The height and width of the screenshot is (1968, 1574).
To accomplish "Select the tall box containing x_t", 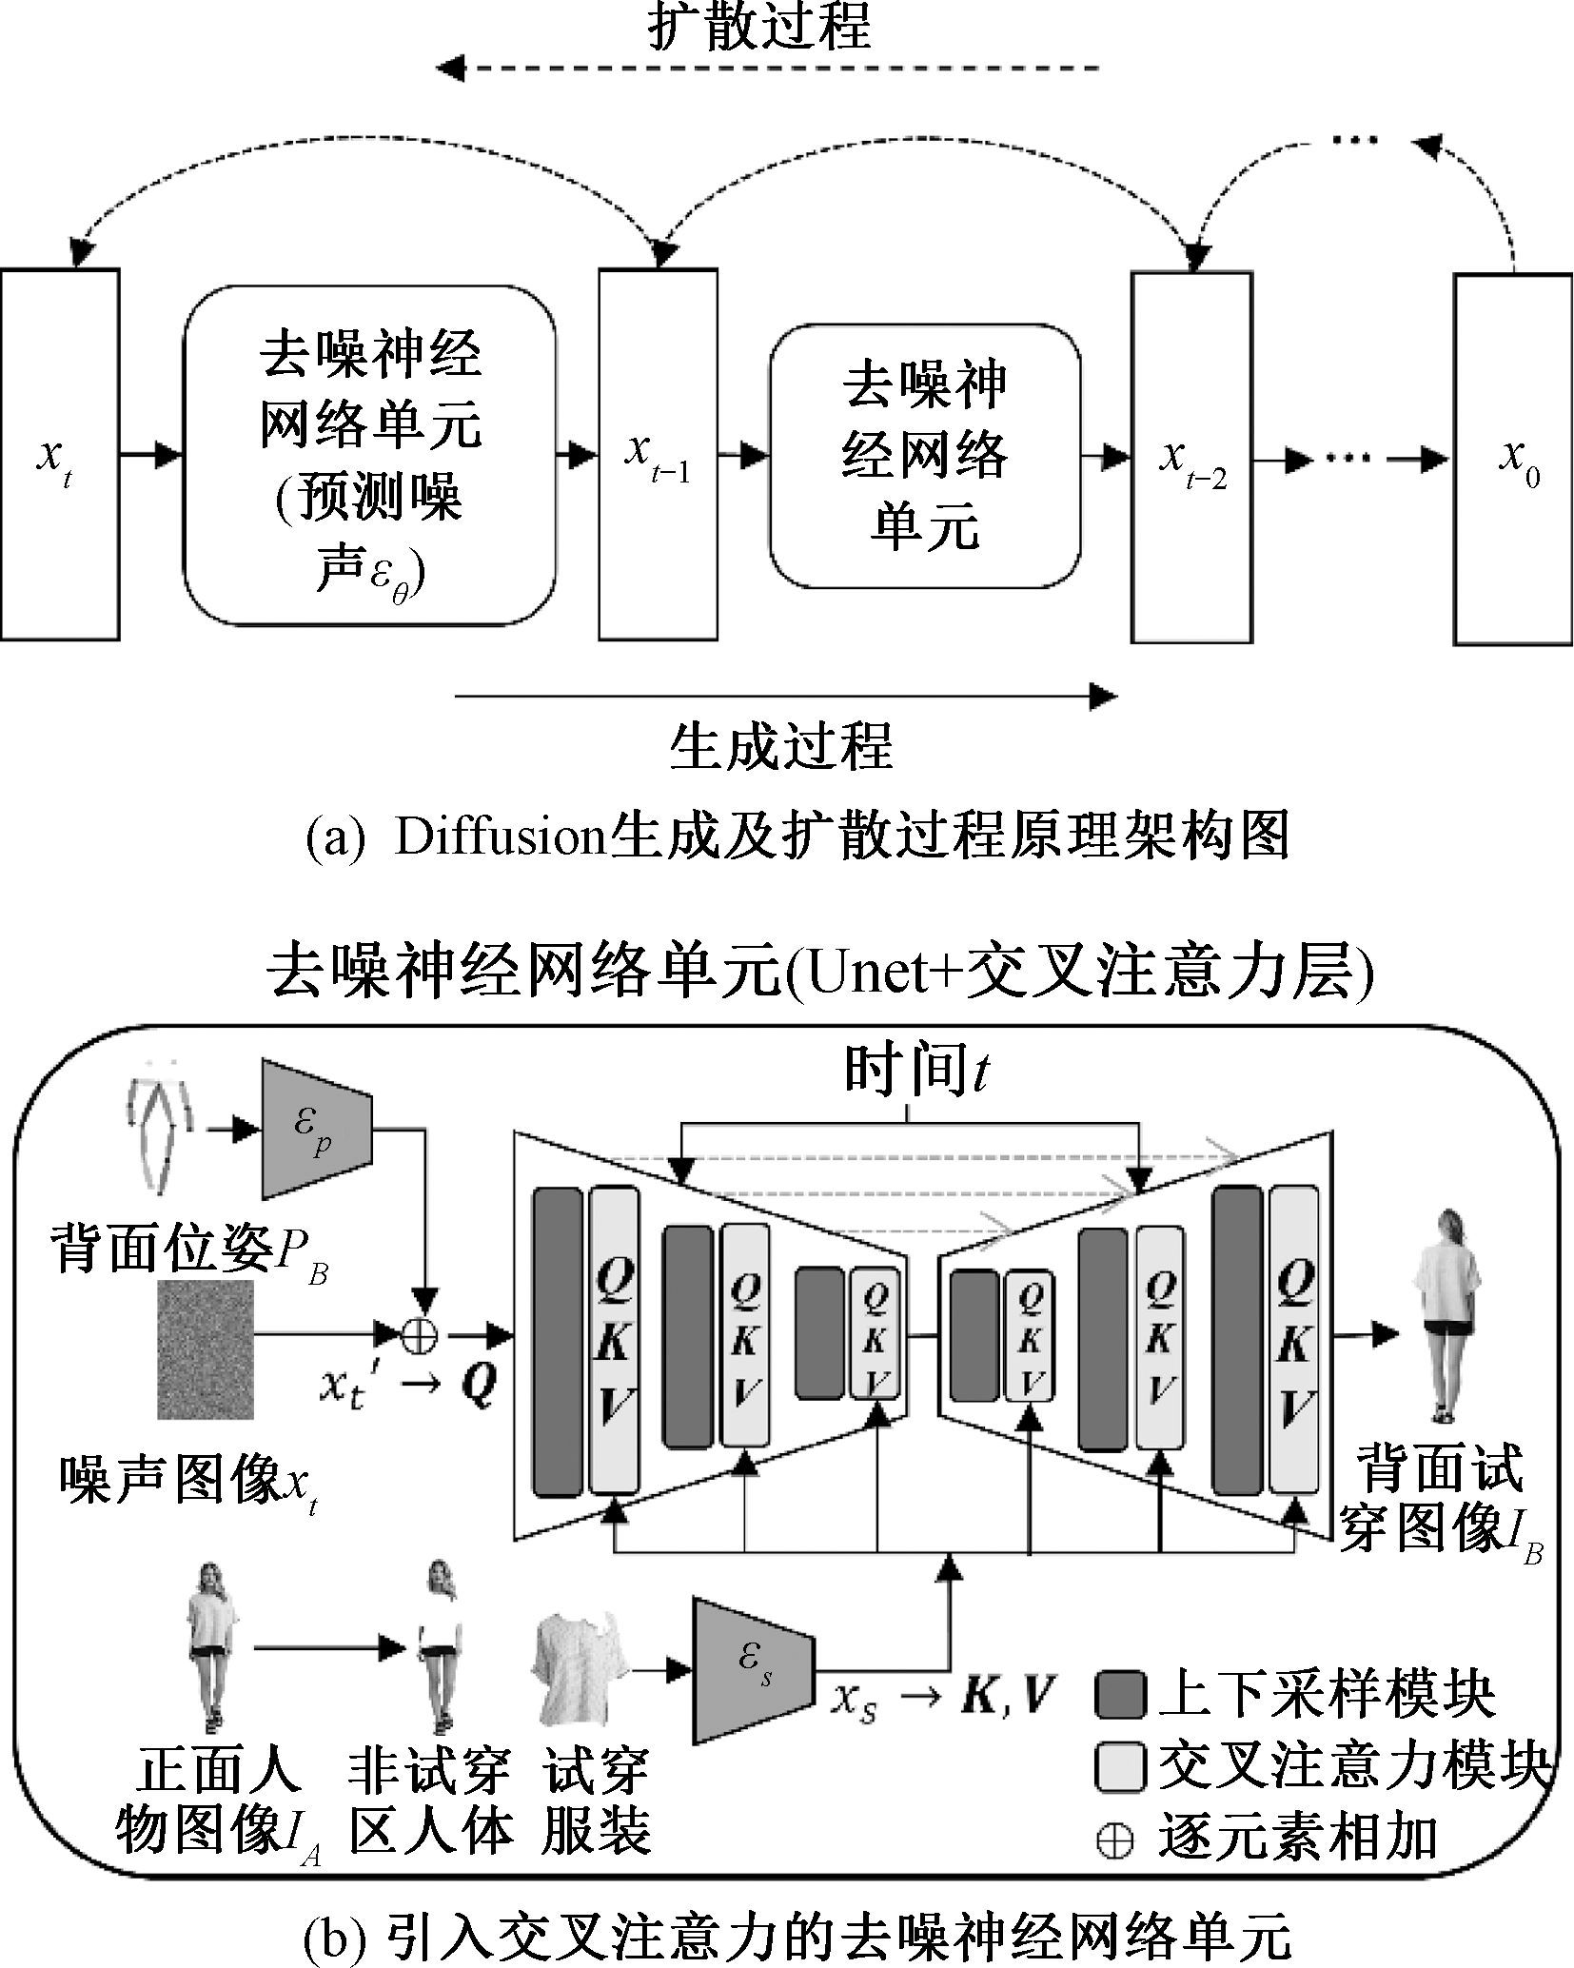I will [x=60, y=455].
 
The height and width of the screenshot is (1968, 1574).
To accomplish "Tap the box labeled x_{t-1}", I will [x=658, y=455].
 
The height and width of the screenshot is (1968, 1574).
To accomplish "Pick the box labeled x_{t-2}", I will [x=1191, y=457].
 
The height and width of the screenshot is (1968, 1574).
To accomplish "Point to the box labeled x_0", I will [x=1513, y=460].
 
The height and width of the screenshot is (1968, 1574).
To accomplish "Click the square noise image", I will [x=206, y=1349].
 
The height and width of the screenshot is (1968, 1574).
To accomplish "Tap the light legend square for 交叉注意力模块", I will [x=1120, y=1767].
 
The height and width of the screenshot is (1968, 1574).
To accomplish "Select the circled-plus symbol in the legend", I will [x=1114, y=1841].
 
